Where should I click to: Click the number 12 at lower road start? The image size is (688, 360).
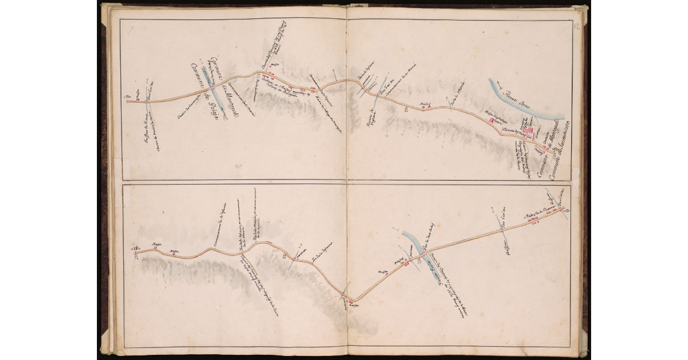(x=136, y=248)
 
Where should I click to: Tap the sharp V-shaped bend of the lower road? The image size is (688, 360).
(x=354, y=300)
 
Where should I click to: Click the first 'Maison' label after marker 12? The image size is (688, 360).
(x=155, y=244)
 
